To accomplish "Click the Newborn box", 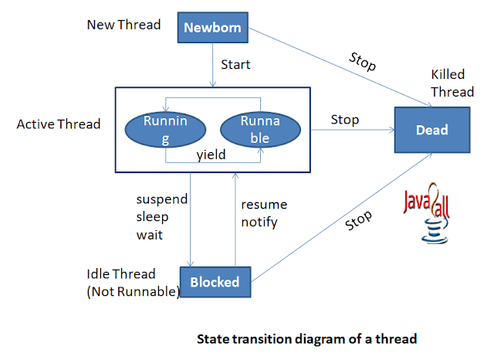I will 211,29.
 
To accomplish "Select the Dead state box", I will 431,130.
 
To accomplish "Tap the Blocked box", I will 215,282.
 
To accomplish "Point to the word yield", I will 211,155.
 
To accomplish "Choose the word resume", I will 263,205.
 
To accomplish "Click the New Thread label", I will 123,25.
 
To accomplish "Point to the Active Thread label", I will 59,124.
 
